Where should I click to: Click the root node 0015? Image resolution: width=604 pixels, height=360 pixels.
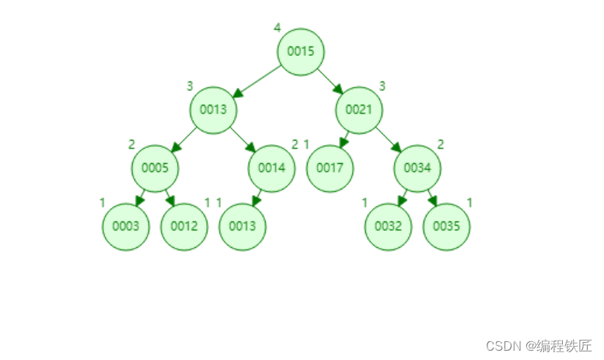(300, 51)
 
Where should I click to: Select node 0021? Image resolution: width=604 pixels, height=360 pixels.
(358, 109)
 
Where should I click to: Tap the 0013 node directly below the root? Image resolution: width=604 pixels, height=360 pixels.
(213, 109)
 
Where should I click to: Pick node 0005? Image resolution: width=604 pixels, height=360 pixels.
(155, 168)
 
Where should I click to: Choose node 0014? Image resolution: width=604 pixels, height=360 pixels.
(271, 168)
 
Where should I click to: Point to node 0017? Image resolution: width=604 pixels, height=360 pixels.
(330, 168)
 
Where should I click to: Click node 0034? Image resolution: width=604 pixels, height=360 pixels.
(417, 168)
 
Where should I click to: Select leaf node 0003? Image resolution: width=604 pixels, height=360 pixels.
(125, 227)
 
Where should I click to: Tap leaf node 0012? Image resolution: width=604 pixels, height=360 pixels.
(184, 227)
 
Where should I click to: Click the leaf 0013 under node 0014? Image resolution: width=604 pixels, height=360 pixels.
(243, 227)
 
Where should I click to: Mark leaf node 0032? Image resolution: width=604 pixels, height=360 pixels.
(388, 227)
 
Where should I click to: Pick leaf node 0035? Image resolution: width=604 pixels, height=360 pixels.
(447, 227)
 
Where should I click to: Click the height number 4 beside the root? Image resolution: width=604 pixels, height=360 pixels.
(277, 28)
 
